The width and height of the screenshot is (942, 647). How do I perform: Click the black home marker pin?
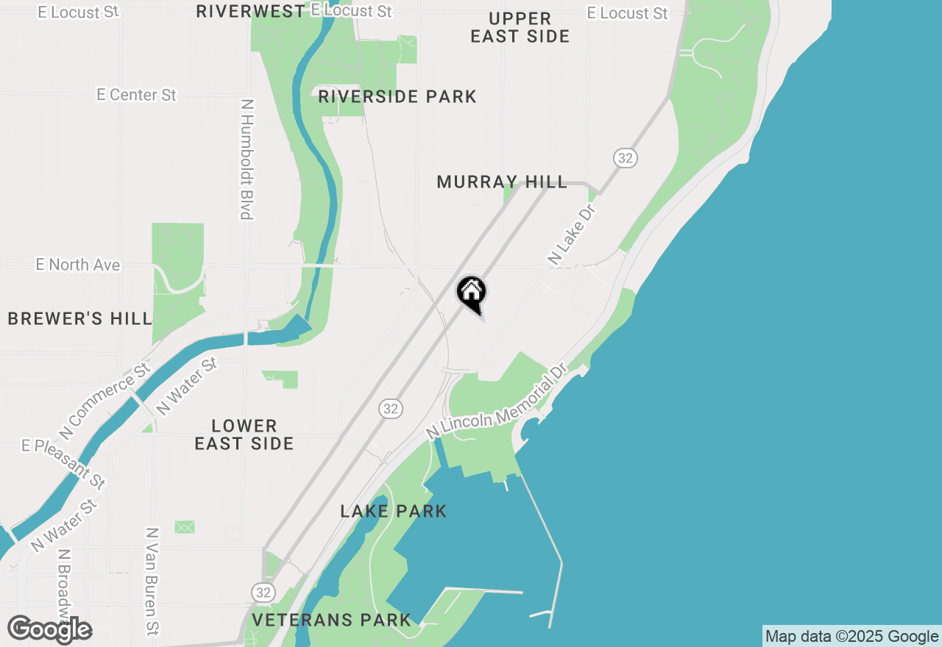(x=471, y=293)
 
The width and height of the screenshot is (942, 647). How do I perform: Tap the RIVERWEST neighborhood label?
(x=250, y=11)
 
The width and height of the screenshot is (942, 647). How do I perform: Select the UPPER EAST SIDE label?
(x=520, y=27)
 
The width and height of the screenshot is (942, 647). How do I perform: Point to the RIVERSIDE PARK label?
(x=397, y=96)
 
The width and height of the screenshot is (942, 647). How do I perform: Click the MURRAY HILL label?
(x=502, y=182)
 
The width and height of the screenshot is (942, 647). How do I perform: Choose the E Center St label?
(x=137, y=95)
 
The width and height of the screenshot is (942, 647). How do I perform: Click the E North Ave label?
(x=78, y=265)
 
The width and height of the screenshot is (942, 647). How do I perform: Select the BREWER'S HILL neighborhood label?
(x=80, y=318)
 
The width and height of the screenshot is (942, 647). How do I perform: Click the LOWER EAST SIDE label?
(x=244, y=435)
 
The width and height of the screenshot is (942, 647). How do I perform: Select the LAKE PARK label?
(x=394, y=511)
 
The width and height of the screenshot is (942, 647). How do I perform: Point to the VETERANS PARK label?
(x=331, y=620)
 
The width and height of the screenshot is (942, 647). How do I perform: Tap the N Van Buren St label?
(x=152, y=581)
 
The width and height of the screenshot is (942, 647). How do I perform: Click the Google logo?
(x=50, y=630)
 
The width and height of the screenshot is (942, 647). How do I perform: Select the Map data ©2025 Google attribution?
(x=851, y=637)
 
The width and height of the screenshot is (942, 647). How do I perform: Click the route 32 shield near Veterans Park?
(x=263, y=592)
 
